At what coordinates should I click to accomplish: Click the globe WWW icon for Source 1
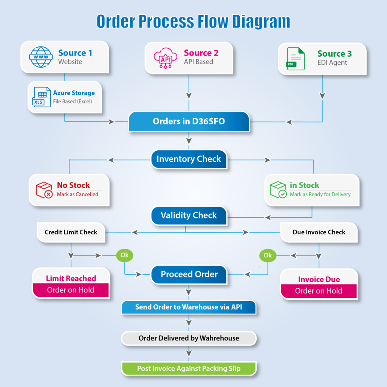[x=41, y=57]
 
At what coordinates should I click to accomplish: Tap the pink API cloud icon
[x=165, y=58]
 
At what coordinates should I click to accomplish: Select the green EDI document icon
[x=296, y=59]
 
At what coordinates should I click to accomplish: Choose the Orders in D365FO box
[x=189, y=122]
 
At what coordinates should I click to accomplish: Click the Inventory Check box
[x=189, y=159]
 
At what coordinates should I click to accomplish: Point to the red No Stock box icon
[x=44, y=190]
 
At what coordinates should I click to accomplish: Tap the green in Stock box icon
[x=278, y=190]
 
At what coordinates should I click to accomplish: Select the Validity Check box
[x=189, y=215]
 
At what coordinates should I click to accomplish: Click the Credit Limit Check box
[x=71, y=232]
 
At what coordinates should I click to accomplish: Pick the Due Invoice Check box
[x=319, y=232]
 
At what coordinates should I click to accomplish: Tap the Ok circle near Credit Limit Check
[x=124, y=255]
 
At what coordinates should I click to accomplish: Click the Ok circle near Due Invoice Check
[x=268, y=255]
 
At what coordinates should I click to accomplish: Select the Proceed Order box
[x=189, y=274]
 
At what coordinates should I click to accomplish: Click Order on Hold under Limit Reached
[x=71, y=290]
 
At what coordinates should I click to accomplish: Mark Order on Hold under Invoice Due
[x=319, y=291]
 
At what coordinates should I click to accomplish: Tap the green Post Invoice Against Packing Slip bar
[x=189, y=368]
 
